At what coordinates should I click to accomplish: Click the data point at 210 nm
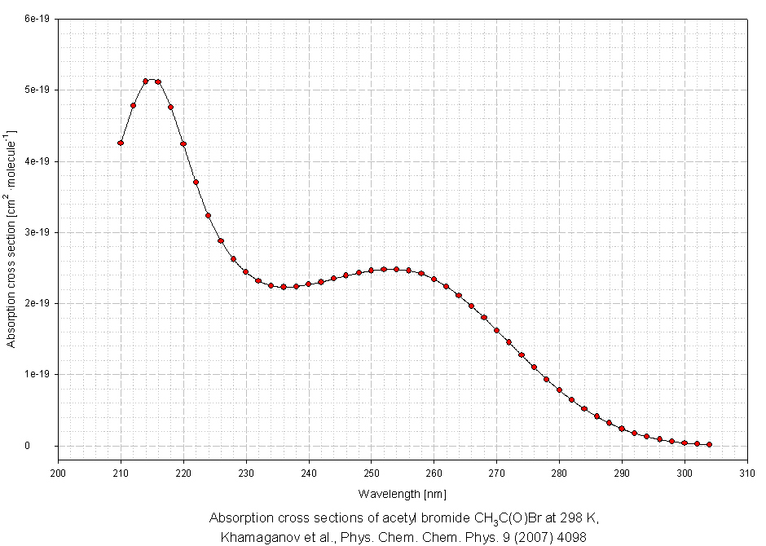click(x=121, y=143)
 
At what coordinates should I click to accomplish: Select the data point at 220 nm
click(x=183, y=143)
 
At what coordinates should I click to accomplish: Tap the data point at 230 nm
click(x=246, y=272)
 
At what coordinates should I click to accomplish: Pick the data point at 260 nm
click(x=434, y=280)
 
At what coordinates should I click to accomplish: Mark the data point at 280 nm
click(x=559, y=390)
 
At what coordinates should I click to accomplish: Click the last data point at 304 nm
click(x=710, y=444)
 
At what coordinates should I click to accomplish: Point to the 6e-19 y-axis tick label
click(x=38, y=18)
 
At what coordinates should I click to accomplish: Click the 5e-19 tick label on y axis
click(x=38, y=90)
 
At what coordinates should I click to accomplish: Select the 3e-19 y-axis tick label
click(x=38, y=232)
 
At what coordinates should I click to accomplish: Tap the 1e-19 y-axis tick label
click(x=38, y=375)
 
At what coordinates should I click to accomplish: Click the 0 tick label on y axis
click(x=48, y=446)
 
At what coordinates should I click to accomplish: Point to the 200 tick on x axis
click(x=58, y=472)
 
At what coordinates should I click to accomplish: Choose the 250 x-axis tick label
click(x=372, y=472)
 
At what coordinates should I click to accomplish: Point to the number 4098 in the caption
click(x=572, y=537)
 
